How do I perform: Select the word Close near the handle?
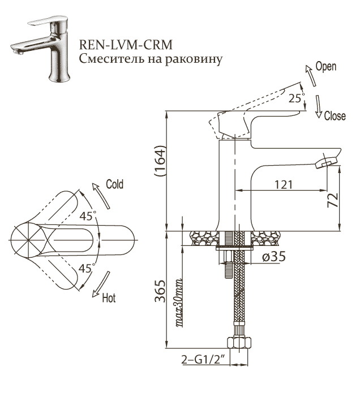(x=335, y=116)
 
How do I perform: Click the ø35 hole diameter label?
(x=273, y=257)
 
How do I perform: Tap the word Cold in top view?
(x=114, y=184)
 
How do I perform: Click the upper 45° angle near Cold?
(x=88, y=215)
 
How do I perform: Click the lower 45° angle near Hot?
(x=87, y=268)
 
